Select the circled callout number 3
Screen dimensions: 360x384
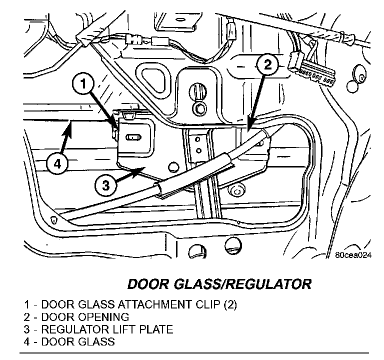pyautogui.click(x=105, y=185)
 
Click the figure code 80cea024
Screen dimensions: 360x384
pyautogui.click(x=353, y=254)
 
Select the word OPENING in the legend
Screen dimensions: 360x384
pyautogui.click(x=104, y=317)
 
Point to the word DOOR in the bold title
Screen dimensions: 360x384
pyautogui.click(x=146, y=284)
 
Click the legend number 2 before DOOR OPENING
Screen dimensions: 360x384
pyautogui.click(x=25, y=317)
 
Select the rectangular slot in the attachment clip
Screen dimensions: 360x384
pyautogui.click(x=133, y=135)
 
